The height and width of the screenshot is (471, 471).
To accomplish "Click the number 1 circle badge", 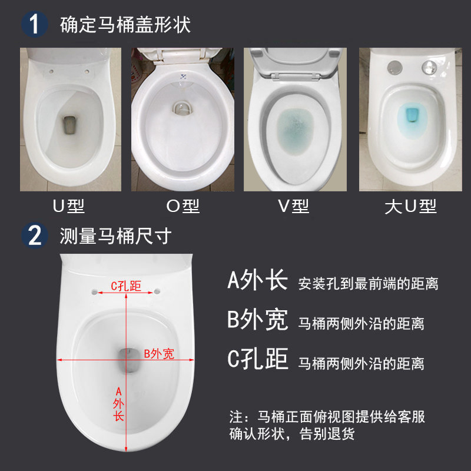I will (x=34, y=25).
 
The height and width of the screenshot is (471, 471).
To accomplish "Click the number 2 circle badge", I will (x=34, y=236).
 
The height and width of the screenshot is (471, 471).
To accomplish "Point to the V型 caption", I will (x=293, y=207).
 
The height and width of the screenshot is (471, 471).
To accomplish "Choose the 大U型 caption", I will (x=410, y=207).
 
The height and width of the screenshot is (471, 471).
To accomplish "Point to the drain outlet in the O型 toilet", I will (x=180, y=110).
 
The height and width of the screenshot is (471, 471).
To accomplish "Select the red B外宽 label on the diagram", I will (x=159, y=354).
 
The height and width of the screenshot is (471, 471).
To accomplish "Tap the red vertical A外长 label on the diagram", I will (x=118, y=404).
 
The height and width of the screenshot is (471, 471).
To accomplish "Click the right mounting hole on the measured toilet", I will (x=157, y=291).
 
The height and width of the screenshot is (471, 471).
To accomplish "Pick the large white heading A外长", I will (x=257, y=281).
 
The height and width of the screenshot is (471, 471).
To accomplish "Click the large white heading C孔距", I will (x=257, y=359).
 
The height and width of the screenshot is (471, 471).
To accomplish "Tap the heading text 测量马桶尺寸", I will (x=115, y=236).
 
